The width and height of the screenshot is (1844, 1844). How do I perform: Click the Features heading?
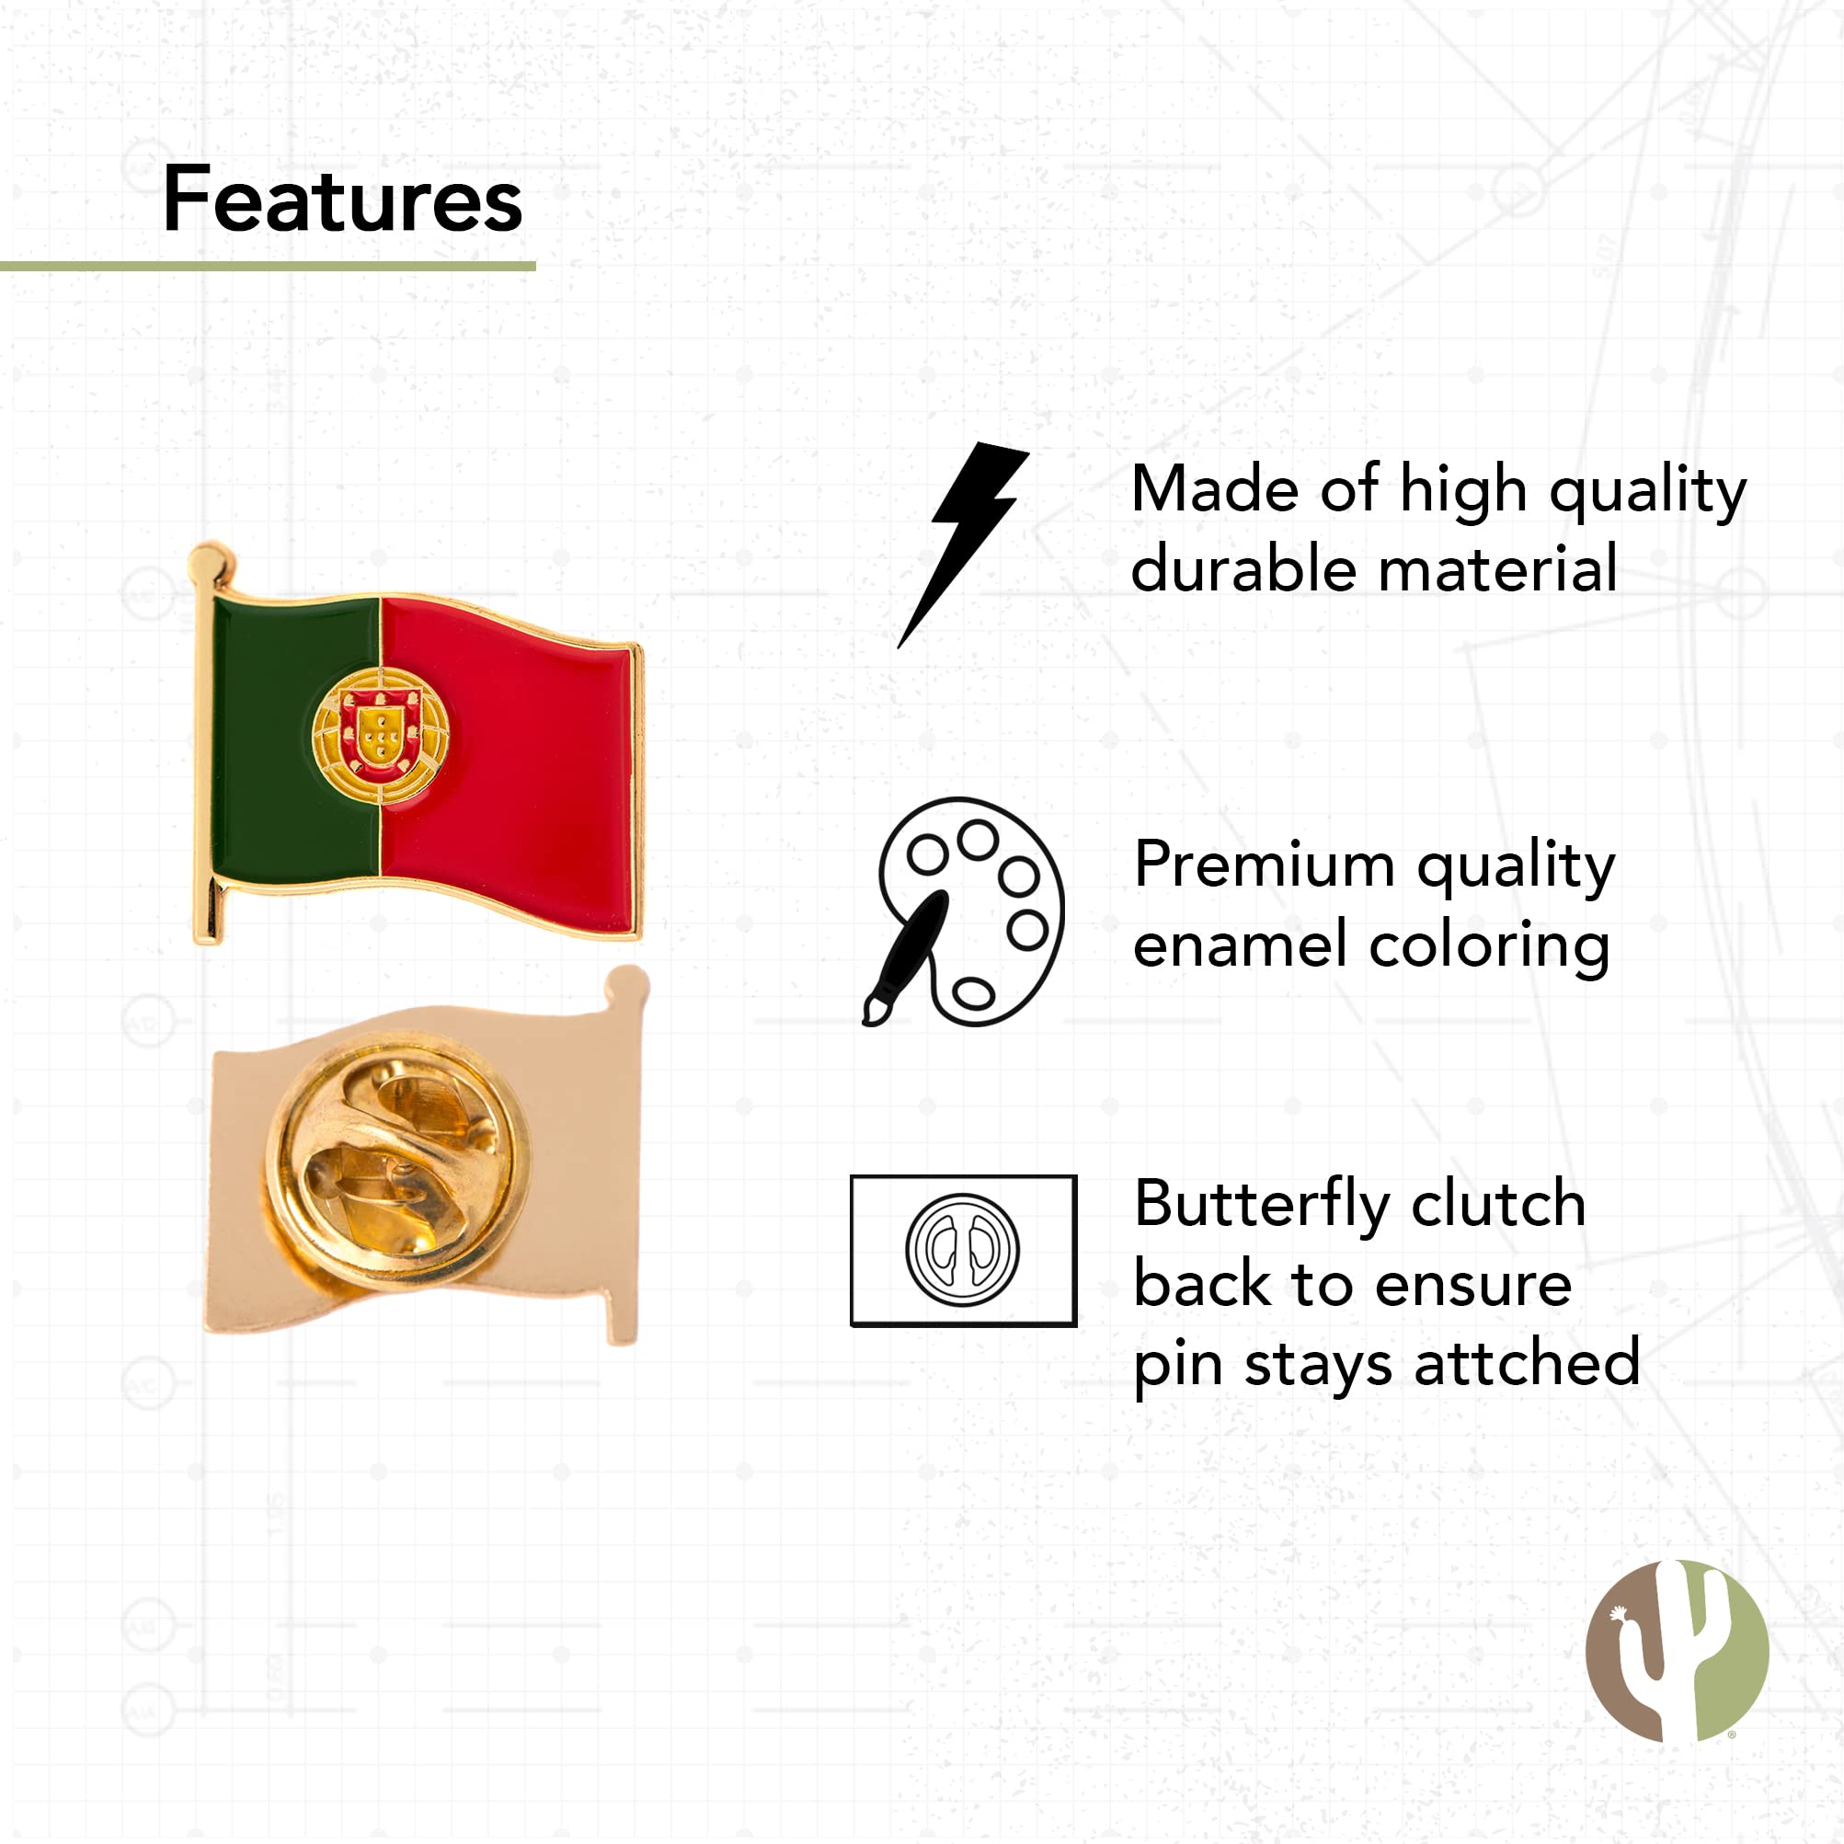343,200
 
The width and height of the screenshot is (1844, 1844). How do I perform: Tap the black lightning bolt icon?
964,544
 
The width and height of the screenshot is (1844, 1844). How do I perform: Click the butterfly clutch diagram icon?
963,1250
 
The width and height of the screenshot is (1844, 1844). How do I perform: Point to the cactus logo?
1677,1650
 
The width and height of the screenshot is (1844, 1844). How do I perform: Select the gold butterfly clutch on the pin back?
397,1160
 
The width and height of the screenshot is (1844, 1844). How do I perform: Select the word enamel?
1241,945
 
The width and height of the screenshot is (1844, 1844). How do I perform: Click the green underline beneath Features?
268,267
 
